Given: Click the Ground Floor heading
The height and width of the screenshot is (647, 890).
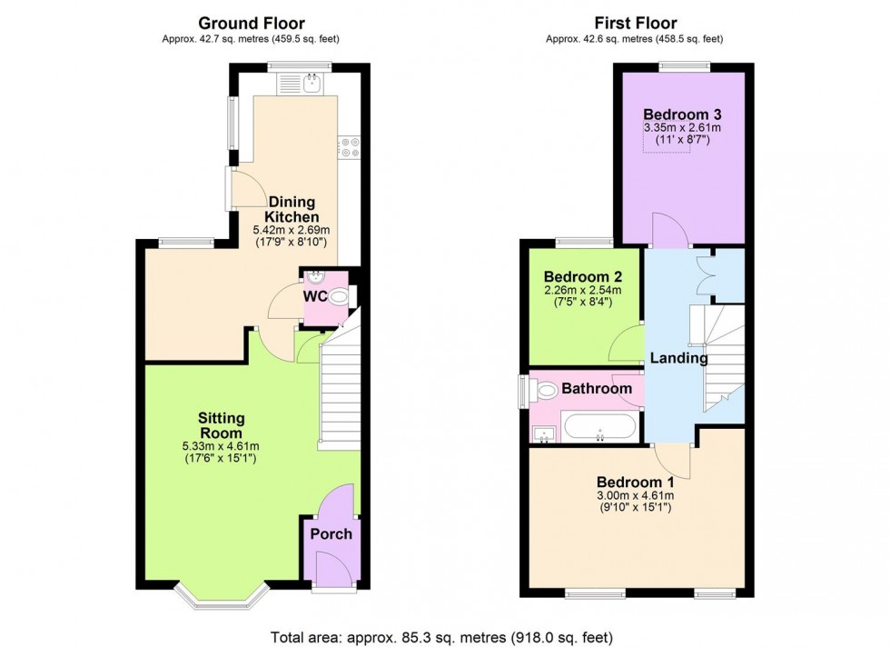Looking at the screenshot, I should pos(251,23).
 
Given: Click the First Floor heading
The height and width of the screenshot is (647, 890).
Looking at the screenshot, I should pos(635,23).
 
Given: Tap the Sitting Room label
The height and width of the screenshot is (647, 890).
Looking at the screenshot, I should pos(221,425).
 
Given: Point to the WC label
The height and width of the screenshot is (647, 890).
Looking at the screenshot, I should pos(316,297).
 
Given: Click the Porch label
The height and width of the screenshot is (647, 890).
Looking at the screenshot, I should pos(331,533).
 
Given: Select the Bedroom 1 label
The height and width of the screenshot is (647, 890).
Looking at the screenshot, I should pos(635,482).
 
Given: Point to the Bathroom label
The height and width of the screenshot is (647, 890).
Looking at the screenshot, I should pos(596,388).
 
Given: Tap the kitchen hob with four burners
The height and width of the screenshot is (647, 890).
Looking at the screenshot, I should pos(349,147).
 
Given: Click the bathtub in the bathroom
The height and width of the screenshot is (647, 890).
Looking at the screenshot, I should pos(599,425).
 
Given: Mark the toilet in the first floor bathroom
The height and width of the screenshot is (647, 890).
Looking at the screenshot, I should pos(547,391).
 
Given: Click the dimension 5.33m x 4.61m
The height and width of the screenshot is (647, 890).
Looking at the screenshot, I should pos(221,446).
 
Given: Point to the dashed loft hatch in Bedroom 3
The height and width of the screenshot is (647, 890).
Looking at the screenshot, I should pos(667,144).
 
